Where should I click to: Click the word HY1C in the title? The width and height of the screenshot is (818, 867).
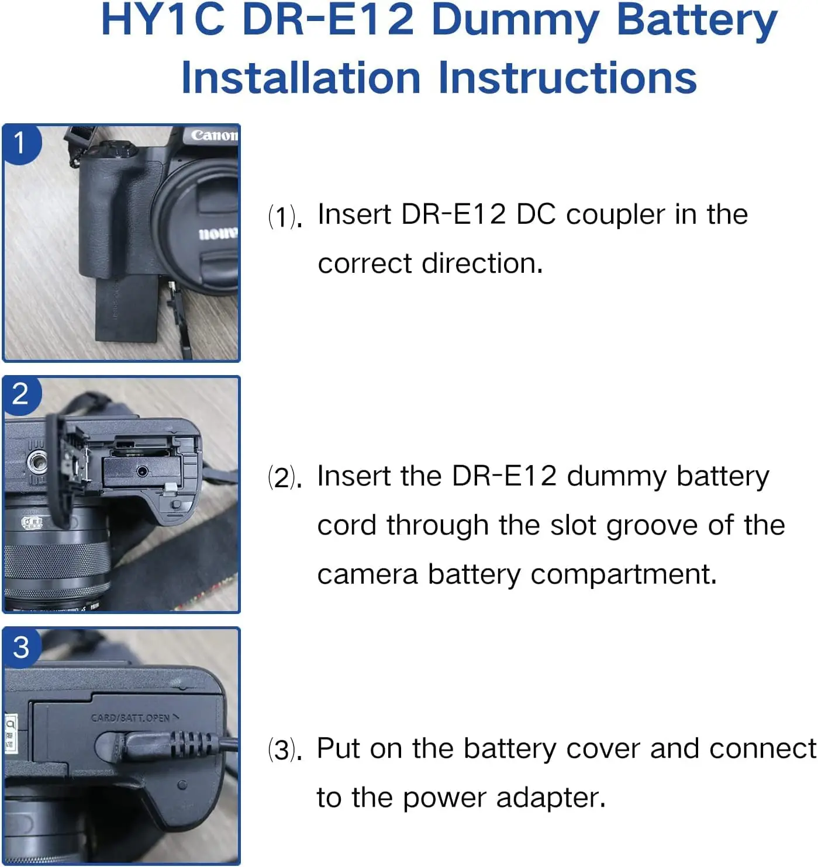pyautogui.click(x=163, y=20)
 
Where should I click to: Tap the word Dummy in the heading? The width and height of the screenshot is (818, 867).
pyautogui.click(x=515, y=21)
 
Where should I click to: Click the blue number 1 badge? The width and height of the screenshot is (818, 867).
pyautogui.click(x=20, y=143)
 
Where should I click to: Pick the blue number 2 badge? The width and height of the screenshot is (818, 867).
pyautogui.click(x=20, y=394)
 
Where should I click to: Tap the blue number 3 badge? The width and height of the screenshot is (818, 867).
pyautogui.click(x=21, y=647)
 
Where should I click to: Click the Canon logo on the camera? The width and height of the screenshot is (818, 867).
pyautogui.click(x=215, y=136)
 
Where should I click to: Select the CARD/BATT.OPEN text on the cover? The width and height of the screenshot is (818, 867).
pyautogui.click(x=130, y=718)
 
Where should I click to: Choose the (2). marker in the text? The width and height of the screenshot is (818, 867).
pyautogui.click(x=285, y=478)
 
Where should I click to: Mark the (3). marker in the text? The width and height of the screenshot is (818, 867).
pyautogui.click(x=285, y=750)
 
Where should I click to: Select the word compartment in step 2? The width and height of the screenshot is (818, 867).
pyautogui.click(x=623, y=574)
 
